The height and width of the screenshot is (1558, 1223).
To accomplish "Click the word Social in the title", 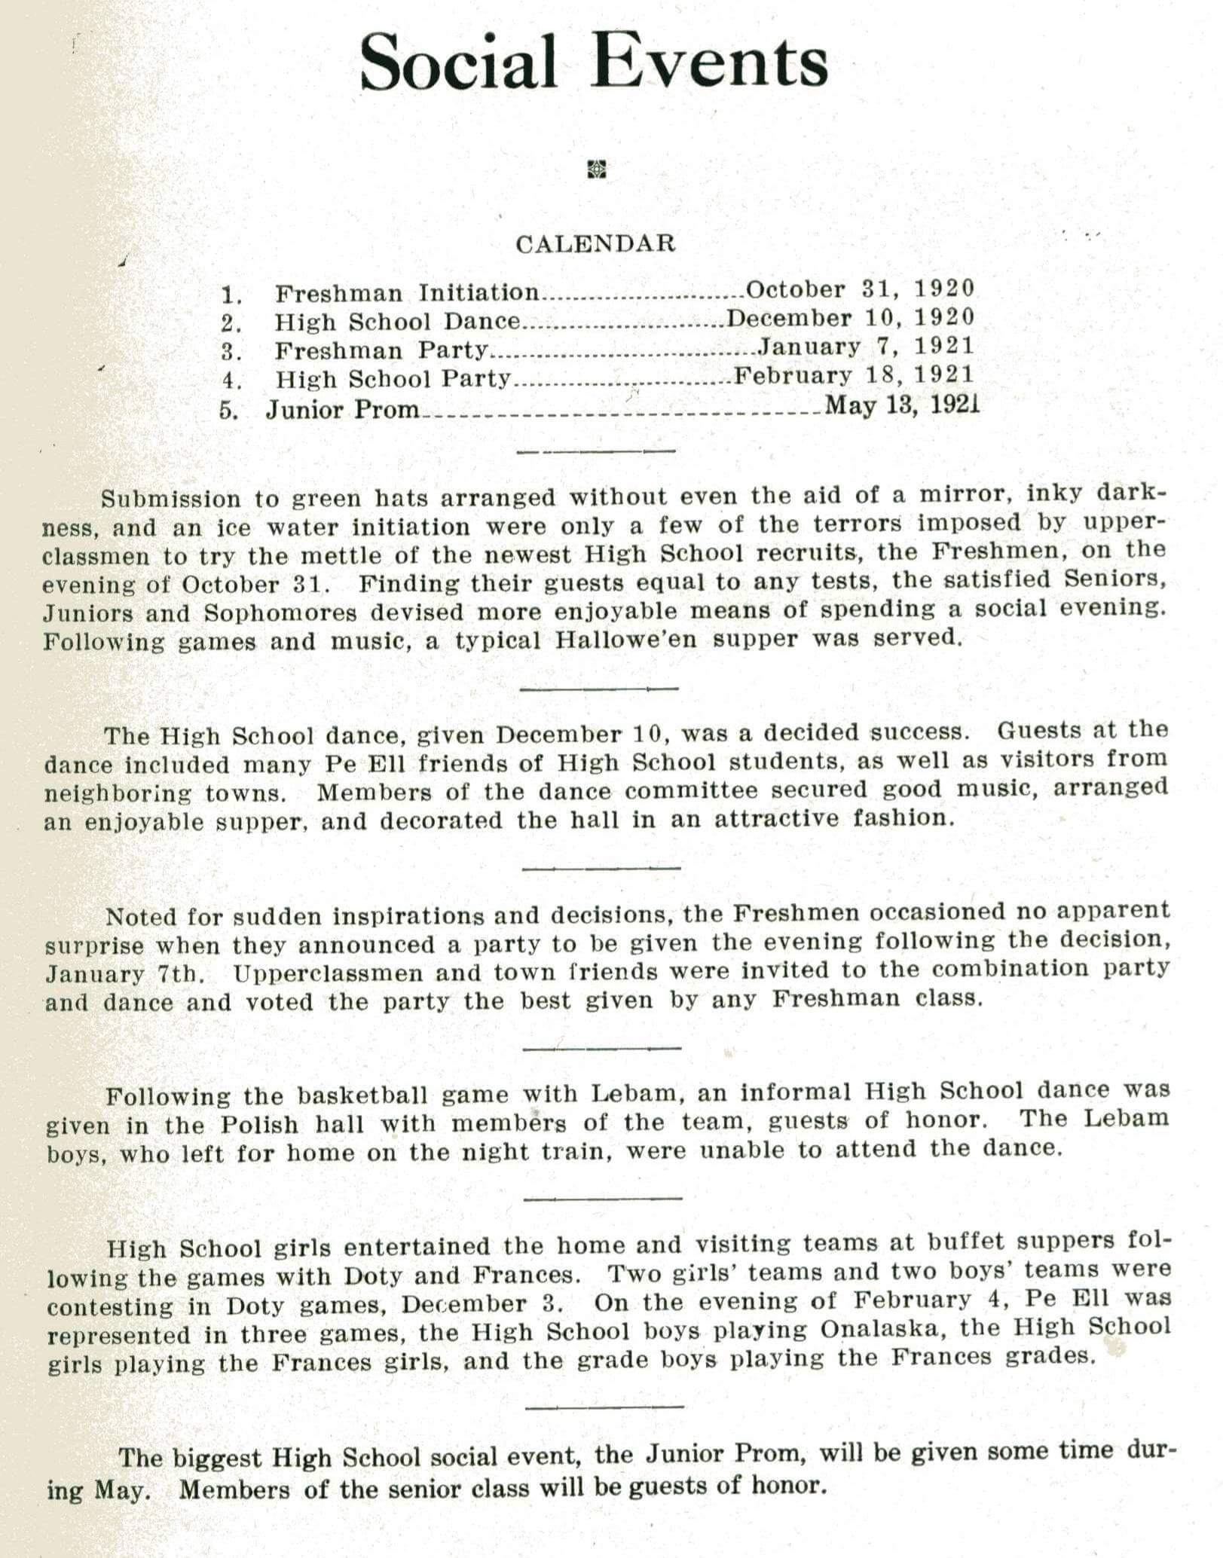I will pos(457,63).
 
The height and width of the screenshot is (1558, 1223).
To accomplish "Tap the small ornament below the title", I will pos(596,170).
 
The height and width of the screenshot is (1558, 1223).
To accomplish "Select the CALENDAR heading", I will pos(595,243).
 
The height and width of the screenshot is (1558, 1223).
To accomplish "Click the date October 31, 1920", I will pos(860,289).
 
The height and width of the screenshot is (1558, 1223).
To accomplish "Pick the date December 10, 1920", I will pos(850,317).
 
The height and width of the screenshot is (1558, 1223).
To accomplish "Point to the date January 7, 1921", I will pos(866,346).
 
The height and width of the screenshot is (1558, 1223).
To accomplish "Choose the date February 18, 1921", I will pos(854,374).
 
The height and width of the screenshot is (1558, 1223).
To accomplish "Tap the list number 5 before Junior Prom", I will pos(228,411).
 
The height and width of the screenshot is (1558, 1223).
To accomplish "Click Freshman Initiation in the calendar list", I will pos(407,292).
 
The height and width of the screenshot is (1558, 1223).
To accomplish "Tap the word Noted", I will pos(139,917).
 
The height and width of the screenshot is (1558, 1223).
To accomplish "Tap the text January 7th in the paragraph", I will pos(124,974).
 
